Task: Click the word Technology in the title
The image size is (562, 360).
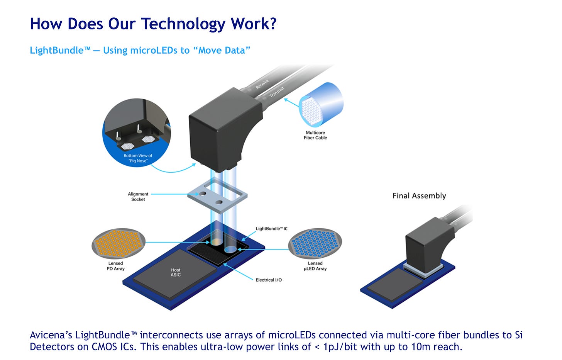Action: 183,24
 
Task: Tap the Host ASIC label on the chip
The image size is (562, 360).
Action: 176,272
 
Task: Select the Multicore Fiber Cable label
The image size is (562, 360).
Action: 315,135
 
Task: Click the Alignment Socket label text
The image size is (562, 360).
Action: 138,197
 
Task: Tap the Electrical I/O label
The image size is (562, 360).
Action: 269,280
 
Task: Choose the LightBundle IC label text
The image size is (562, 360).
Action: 271,229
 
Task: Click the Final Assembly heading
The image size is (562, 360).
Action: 419,196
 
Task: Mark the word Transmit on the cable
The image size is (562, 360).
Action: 277,92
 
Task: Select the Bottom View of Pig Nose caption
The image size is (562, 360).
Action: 138,158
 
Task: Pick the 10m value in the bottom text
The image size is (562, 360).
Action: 421,346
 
